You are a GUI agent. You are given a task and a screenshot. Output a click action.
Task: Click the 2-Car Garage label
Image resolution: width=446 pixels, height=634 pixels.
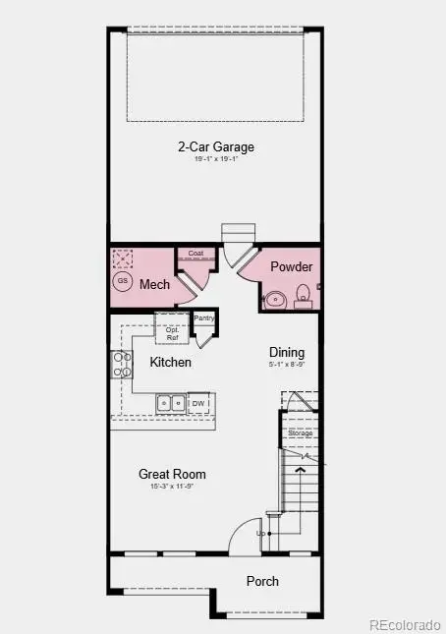[215, 147]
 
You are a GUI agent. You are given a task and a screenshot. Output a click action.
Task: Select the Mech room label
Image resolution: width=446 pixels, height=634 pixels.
[155, 285]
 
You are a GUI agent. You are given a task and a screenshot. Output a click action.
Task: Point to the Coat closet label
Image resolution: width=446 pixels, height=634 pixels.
[195, 253]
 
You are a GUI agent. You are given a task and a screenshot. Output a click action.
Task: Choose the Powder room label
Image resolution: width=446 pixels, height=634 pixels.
[291, 267]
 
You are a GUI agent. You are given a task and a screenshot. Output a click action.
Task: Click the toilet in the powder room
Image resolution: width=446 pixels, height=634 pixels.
[303, 294]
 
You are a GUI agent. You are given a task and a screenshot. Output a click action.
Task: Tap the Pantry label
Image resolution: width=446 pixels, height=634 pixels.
[204, 317]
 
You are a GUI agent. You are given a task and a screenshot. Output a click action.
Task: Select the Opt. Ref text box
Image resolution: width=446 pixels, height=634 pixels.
[172, 334]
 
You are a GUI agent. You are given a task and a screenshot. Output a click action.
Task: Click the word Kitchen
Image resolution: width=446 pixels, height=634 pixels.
[170, 363]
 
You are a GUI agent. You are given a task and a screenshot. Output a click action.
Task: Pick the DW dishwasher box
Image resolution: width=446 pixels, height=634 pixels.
[198, 403]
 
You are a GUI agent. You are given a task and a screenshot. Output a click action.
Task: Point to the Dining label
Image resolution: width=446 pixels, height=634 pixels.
[288, 353]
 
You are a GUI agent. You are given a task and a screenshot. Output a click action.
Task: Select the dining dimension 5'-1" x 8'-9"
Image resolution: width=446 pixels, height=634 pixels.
[288, 366]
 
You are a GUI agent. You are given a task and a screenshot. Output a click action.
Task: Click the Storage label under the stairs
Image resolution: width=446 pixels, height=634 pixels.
[300, 432]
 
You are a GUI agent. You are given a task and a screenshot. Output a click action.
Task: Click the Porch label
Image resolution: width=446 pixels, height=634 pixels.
[262, 581]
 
